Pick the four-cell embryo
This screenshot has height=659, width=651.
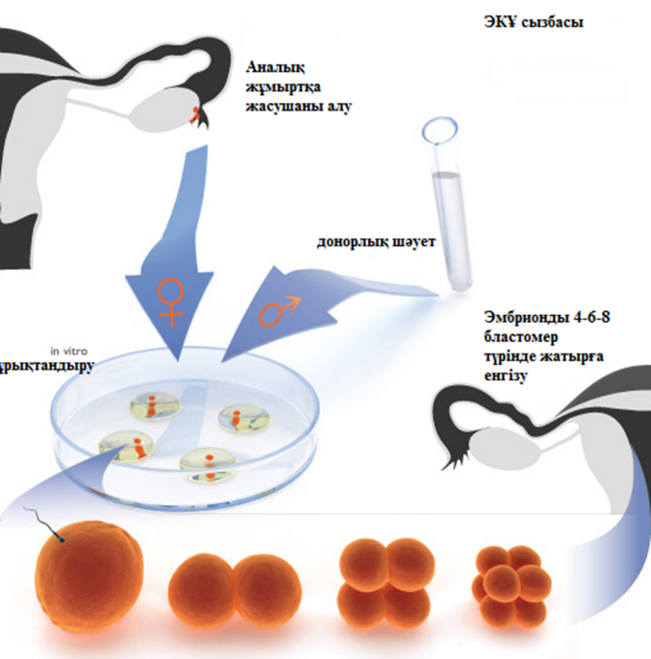tap(386, 582)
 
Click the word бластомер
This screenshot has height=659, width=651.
tap(523, 339)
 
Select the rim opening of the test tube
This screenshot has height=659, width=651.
tap(440, 126)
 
